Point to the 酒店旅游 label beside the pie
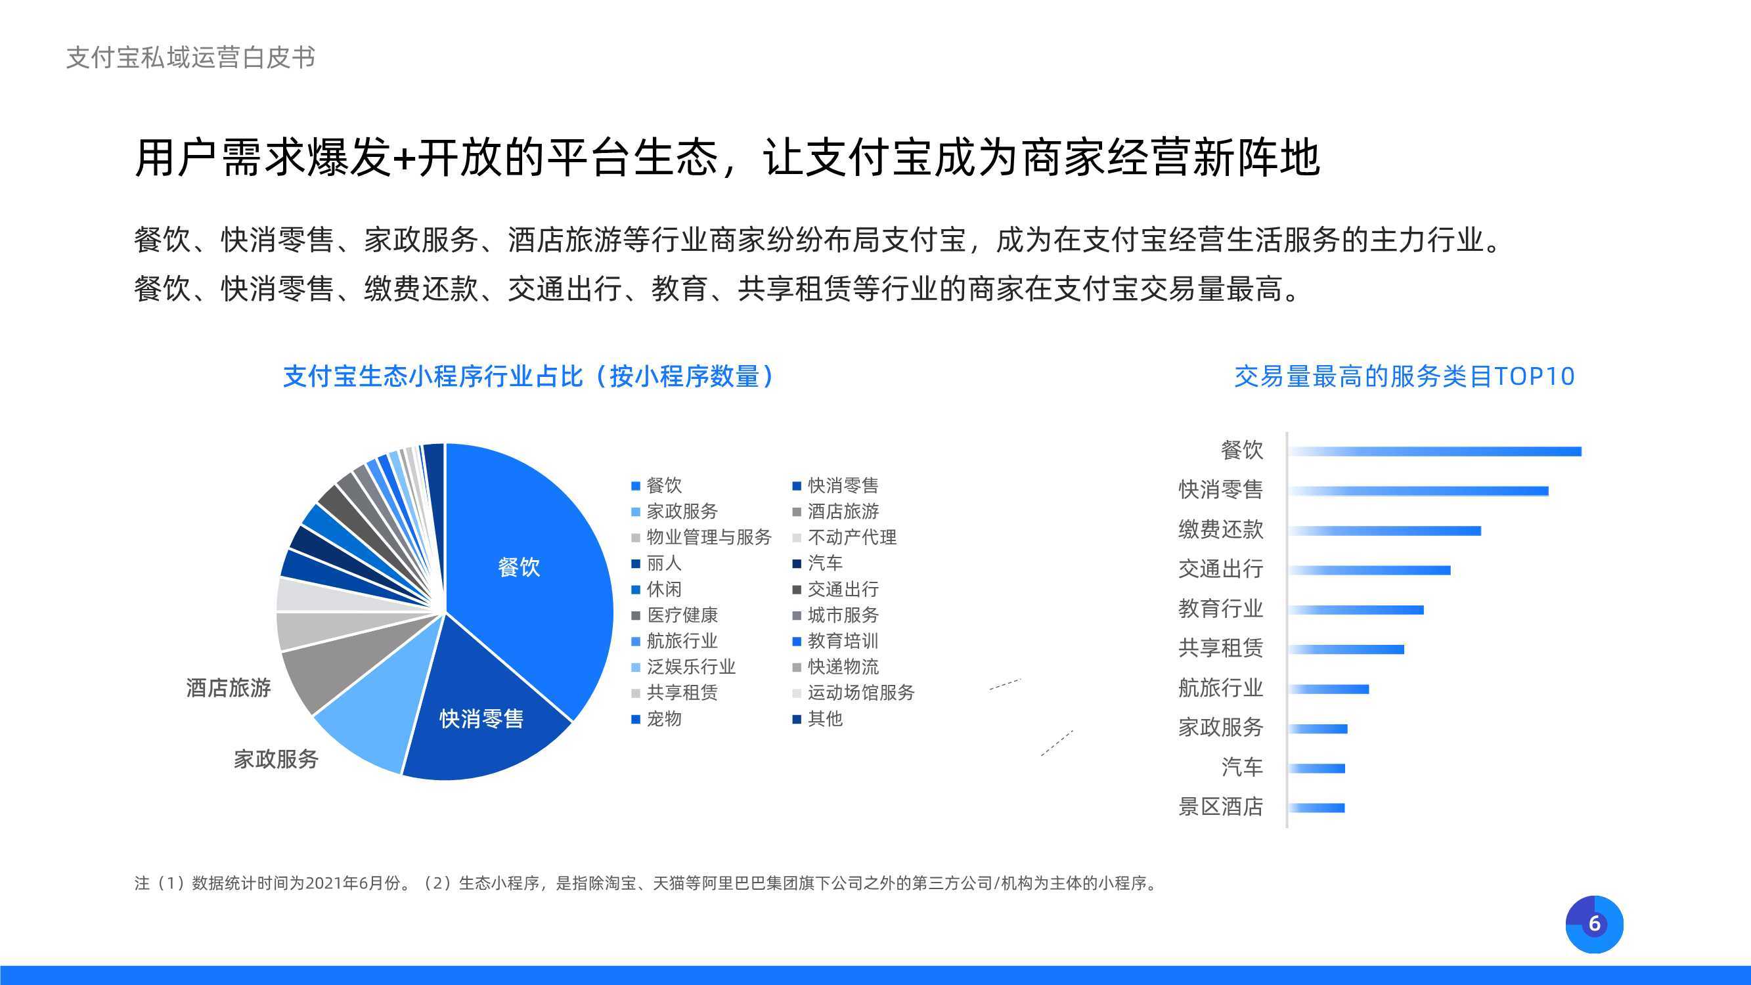pyautogui.click(x=229, y=688)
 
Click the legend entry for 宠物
pyautogui.click(x=657, y=718)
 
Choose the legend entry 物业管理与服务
pyautogui.click(x=701, y=537)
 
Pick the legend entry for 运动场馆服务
pyautogui.click(x=854, y=693)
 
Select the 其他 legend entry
pyautogui.click(x=818, y=718)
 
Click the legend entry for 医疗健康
pyautogui.click(x=675, y=615)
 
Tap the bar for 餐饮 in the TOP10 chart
pyautogui.click(x=1435, y=451)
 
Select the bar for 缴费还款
pyautogui.click(x=1385, y=531)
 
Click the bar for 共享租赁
pyautogui.click(x=1346, y=649)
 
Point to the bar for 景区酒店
pyautogui.click(x=1317, y=808)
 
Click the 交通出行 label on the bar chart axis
pyautogui.click(x=1221, y=569)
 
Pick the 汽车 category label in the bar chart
pyautogui.click(x=1242, y=768)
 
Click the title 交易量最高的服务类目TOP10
pyautogui.click(x=1404, y=376)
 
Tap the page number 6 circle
pyautogui.click(x=1595, y=925)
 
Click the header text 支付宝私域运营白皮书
pyautogui.click(x=191, y=58)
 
